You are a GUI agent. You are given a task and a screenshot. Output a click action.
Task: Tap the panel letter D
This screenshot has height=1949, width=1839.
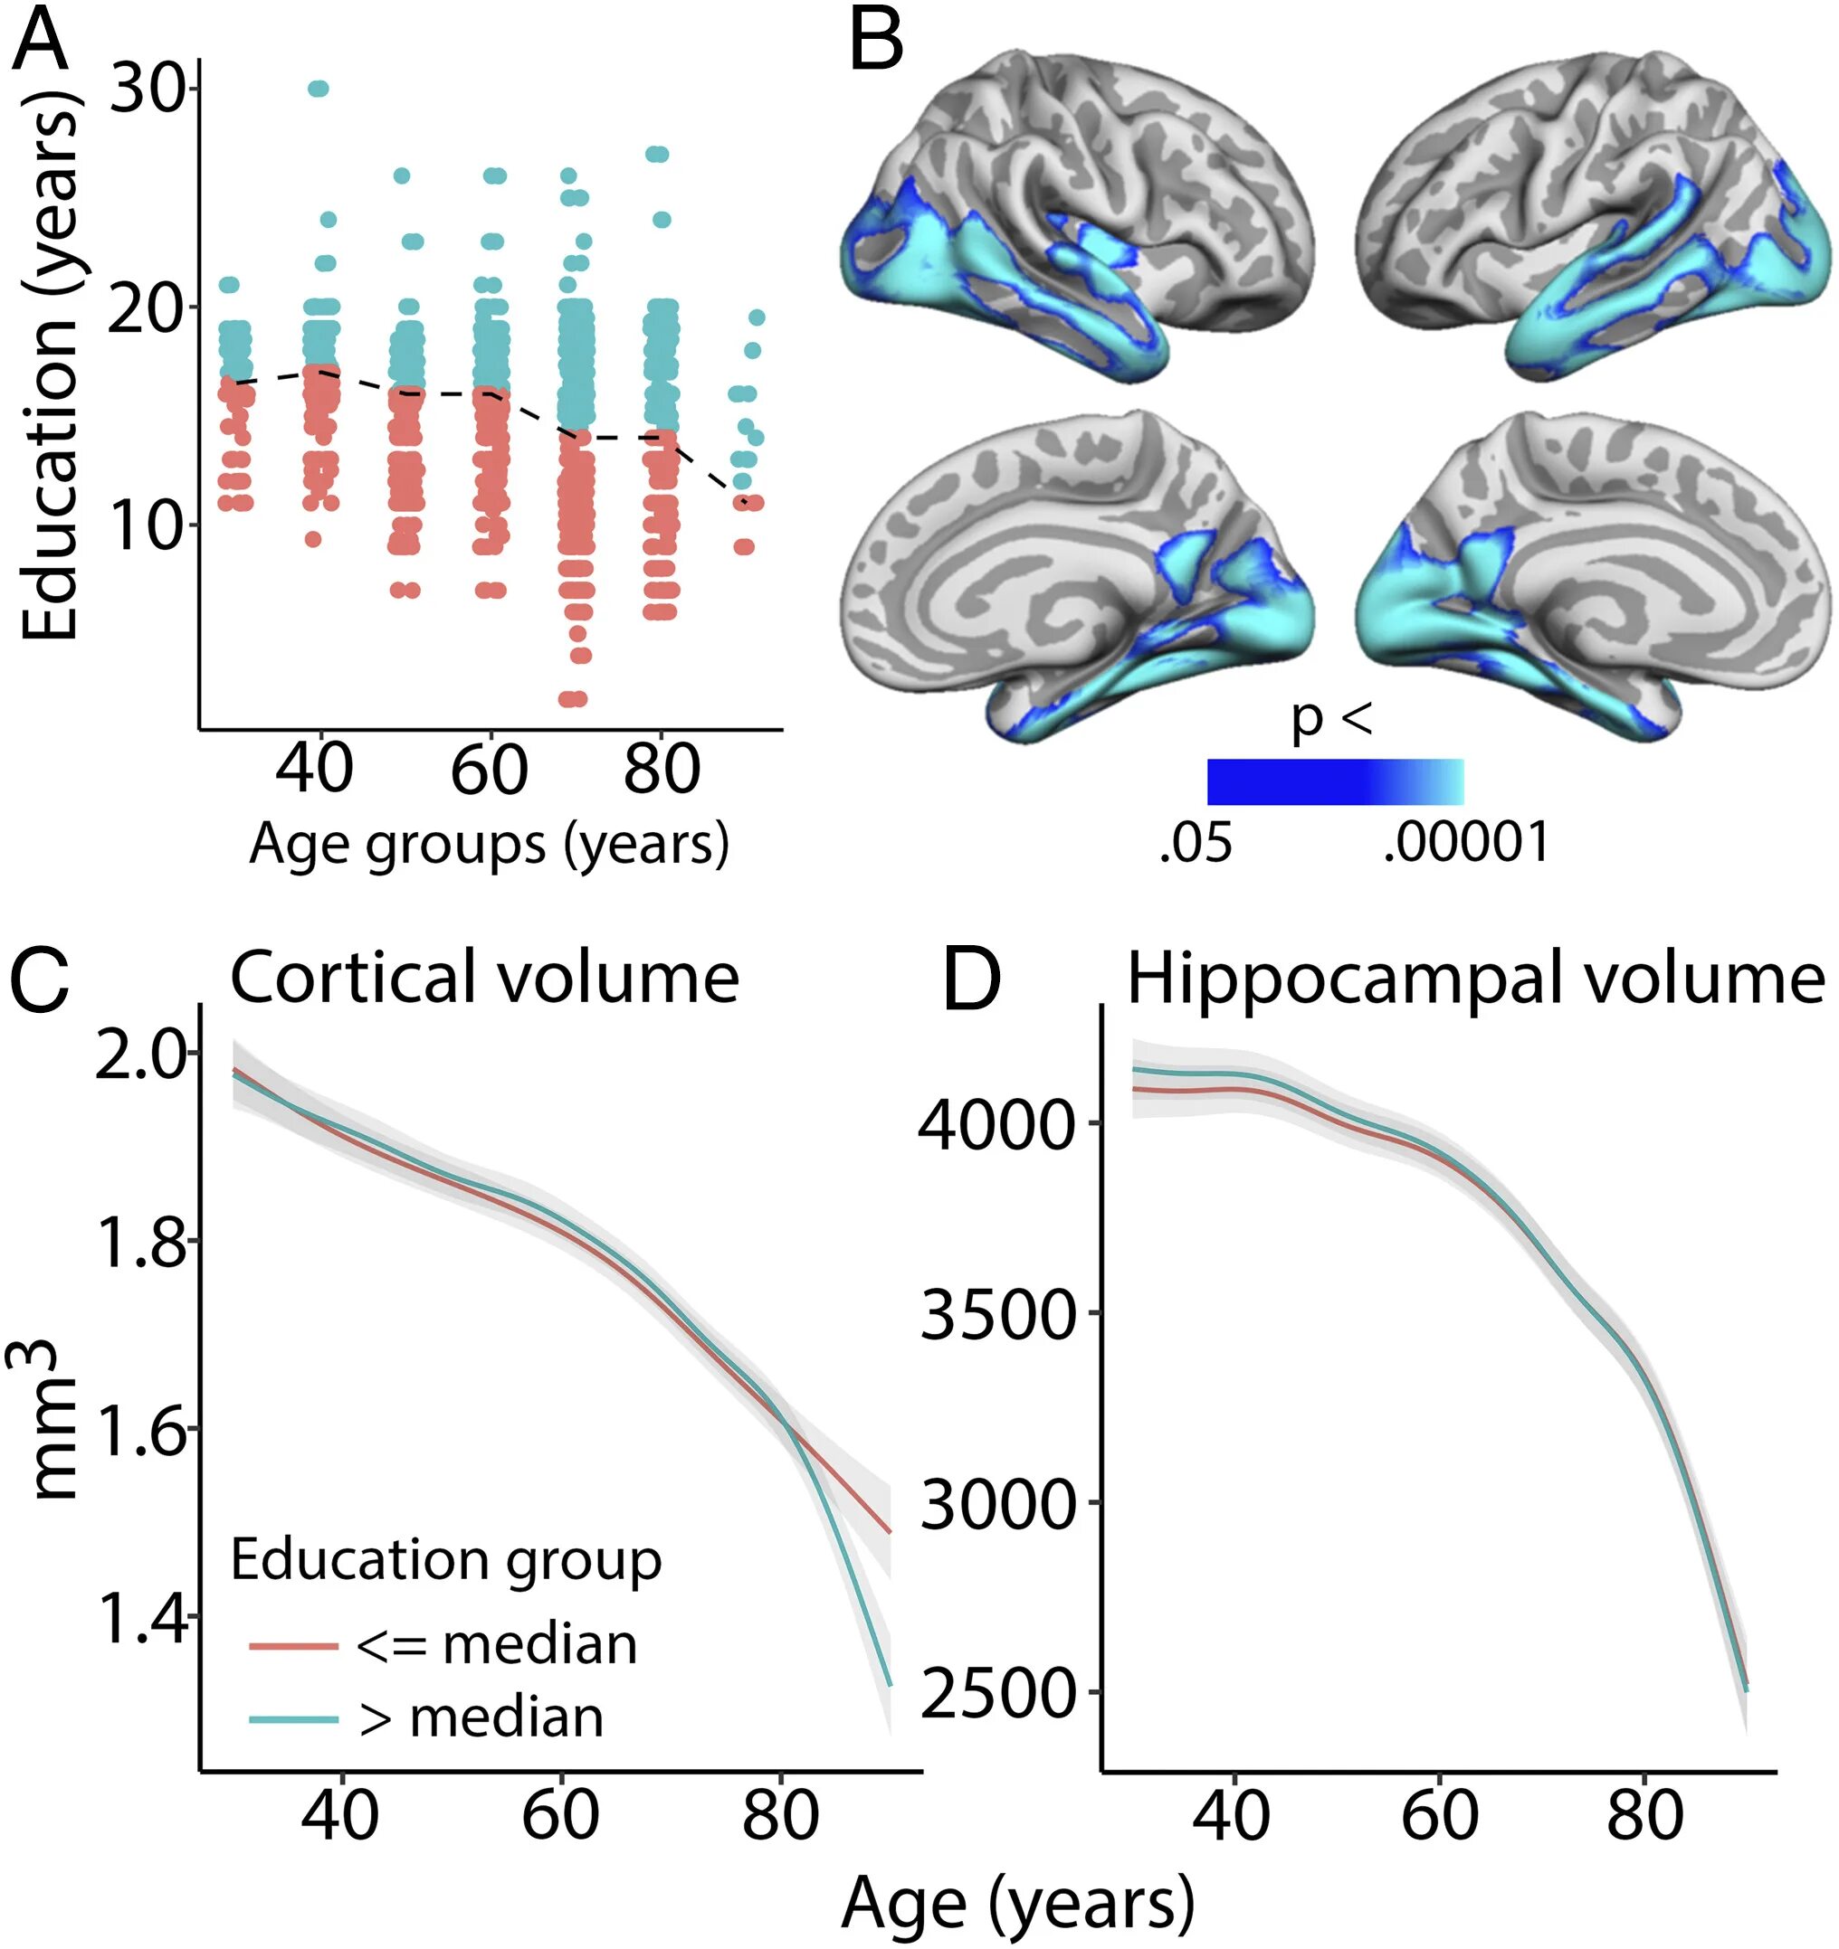pyautogui.click(x=971, y=979)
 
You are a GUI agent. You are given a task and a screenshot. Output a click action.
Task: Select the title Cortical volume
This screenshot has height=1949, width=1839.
pyautogui.click(x=483, y=978)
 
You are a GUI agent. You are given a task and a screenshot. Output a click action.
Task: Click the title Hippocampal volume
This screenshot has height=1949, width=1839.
pyautogui.click(x=1475, y=979)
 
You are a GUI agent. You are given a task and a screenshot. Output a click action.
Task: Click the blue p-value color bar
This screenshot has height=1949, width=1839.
pyautogui.click(x=1335, y=781)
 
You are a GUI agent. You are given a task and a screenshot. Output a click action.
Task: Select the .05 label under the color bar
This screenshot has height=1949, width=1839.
pyautogui.click(x=1196, y=842)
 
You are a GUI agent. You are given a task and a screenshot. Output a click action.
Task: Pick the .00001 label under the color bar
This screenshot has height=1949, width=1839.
pyautogui.click(x=1466, y=842)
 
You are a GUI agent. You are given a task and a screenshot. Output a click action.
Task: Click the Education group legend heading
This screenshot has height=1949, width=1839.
pyautogui.click(x=446, y=1559)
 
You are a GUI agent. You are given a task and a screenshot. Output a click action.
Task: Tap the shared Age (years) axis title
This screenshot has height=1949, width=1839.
pyautogui.click(x=1017, y=1903)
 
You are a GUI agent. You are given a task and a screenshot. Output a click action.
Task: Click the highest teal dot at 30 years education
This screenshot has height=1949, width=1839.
pyautogui.click(x=318, y=90)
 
